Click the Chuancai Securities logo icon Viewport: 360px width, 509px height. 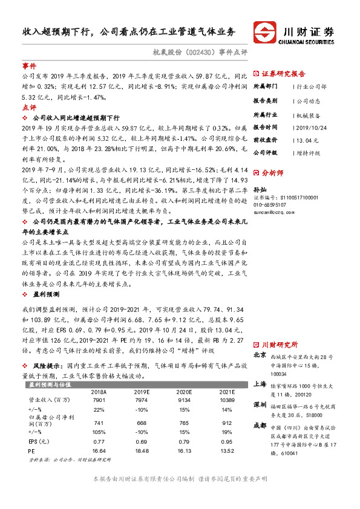pos(264,32)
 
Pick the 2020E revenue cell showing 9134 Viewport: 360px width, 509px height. pos(185,400)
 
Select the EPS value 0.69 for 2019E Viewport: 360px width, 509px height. pos(141,441)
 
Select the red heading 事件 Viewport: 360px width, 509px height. pos(29,66)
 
